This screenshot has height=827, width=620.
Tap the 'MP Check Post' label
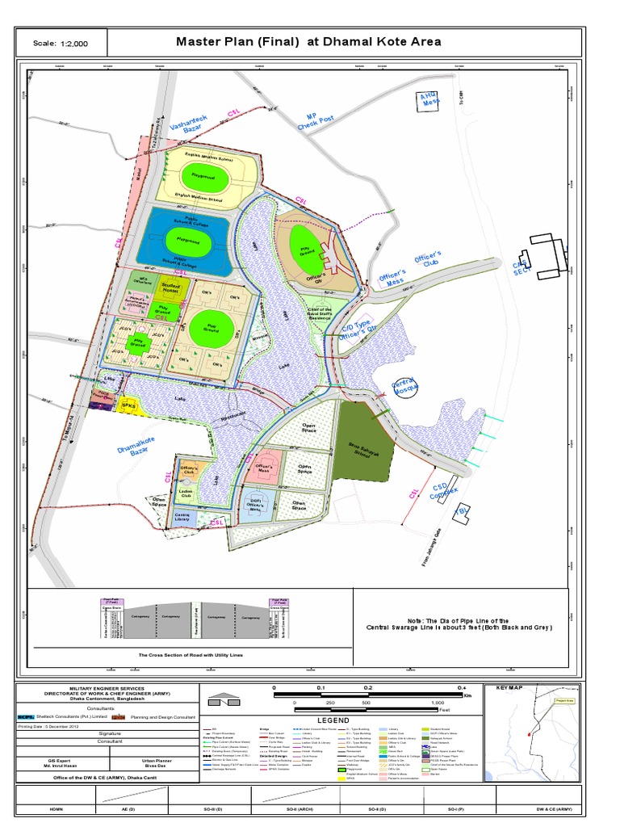316,120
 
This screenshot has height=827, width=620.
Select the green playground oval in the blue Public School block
185,238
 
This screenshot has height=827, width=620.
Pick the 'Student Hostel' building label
170,288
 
